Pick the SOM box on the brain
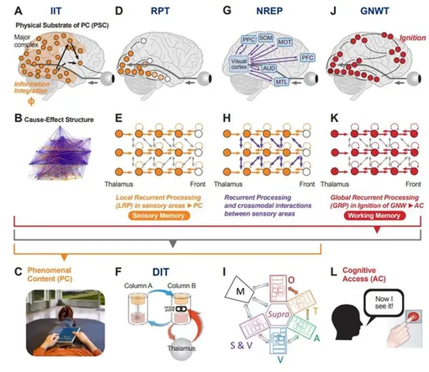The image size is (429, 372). click(x=265, y=38)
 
